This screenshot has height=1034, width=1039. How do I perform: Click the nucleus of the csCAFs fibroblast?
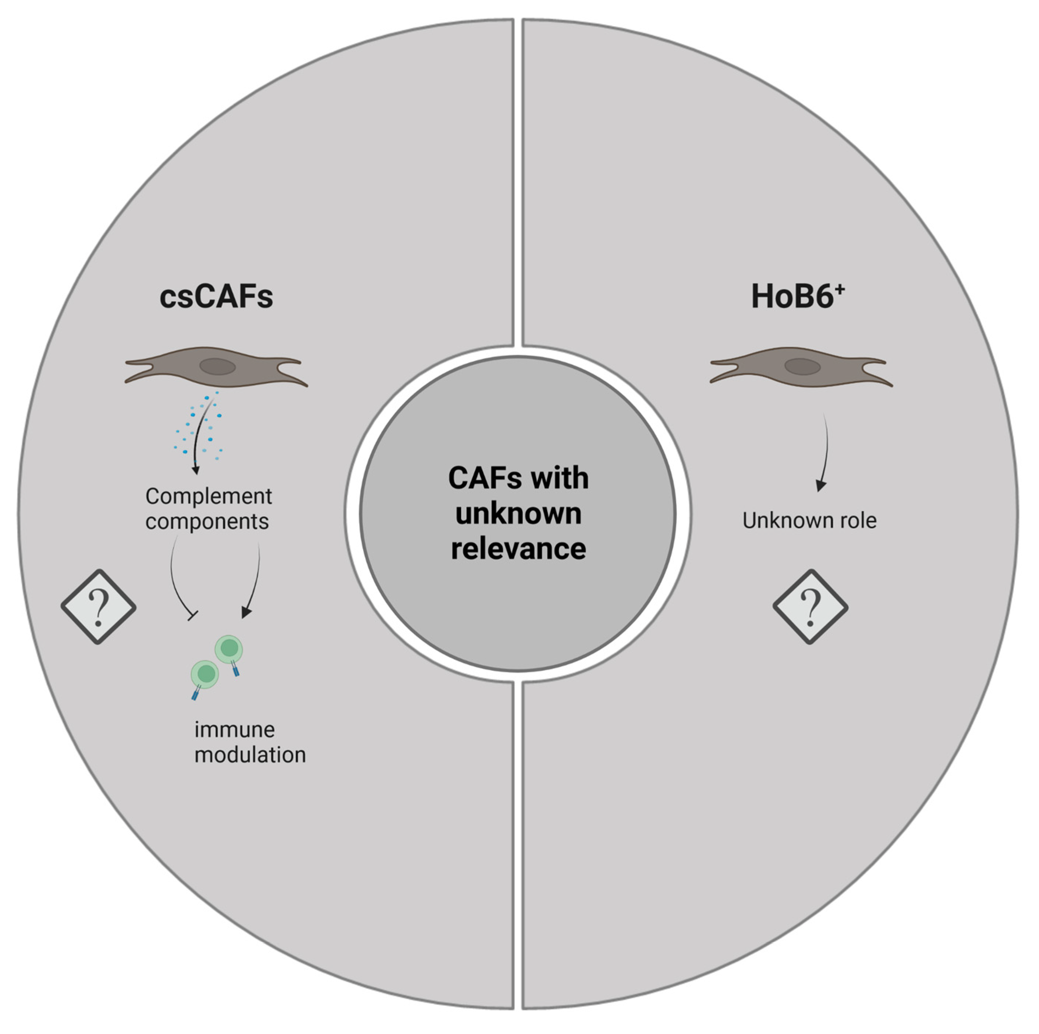(x=218, y=367)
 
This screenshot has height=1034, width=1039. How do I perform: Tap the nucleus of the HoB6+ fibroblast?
(x=802, y=367)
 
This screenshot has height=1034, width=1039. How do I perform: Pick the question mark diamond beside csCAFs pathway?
(x=98, y=607)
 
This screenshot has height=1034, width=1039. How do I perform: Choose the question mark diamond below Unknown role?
(x=811, y=607)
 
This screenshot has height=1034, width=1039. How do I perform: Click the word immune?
(x=234, y=730)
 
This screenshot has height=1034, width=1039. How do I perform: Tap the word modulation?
(x=250, y=755)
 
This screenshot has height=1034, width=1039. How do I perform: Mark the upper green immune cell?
(x=228, y=649)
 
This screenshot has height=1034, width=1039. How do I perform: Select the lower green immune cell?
(x=205, y=674)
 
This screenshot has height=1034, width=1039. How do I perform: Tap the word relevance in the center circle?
(x=518, y=549)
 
